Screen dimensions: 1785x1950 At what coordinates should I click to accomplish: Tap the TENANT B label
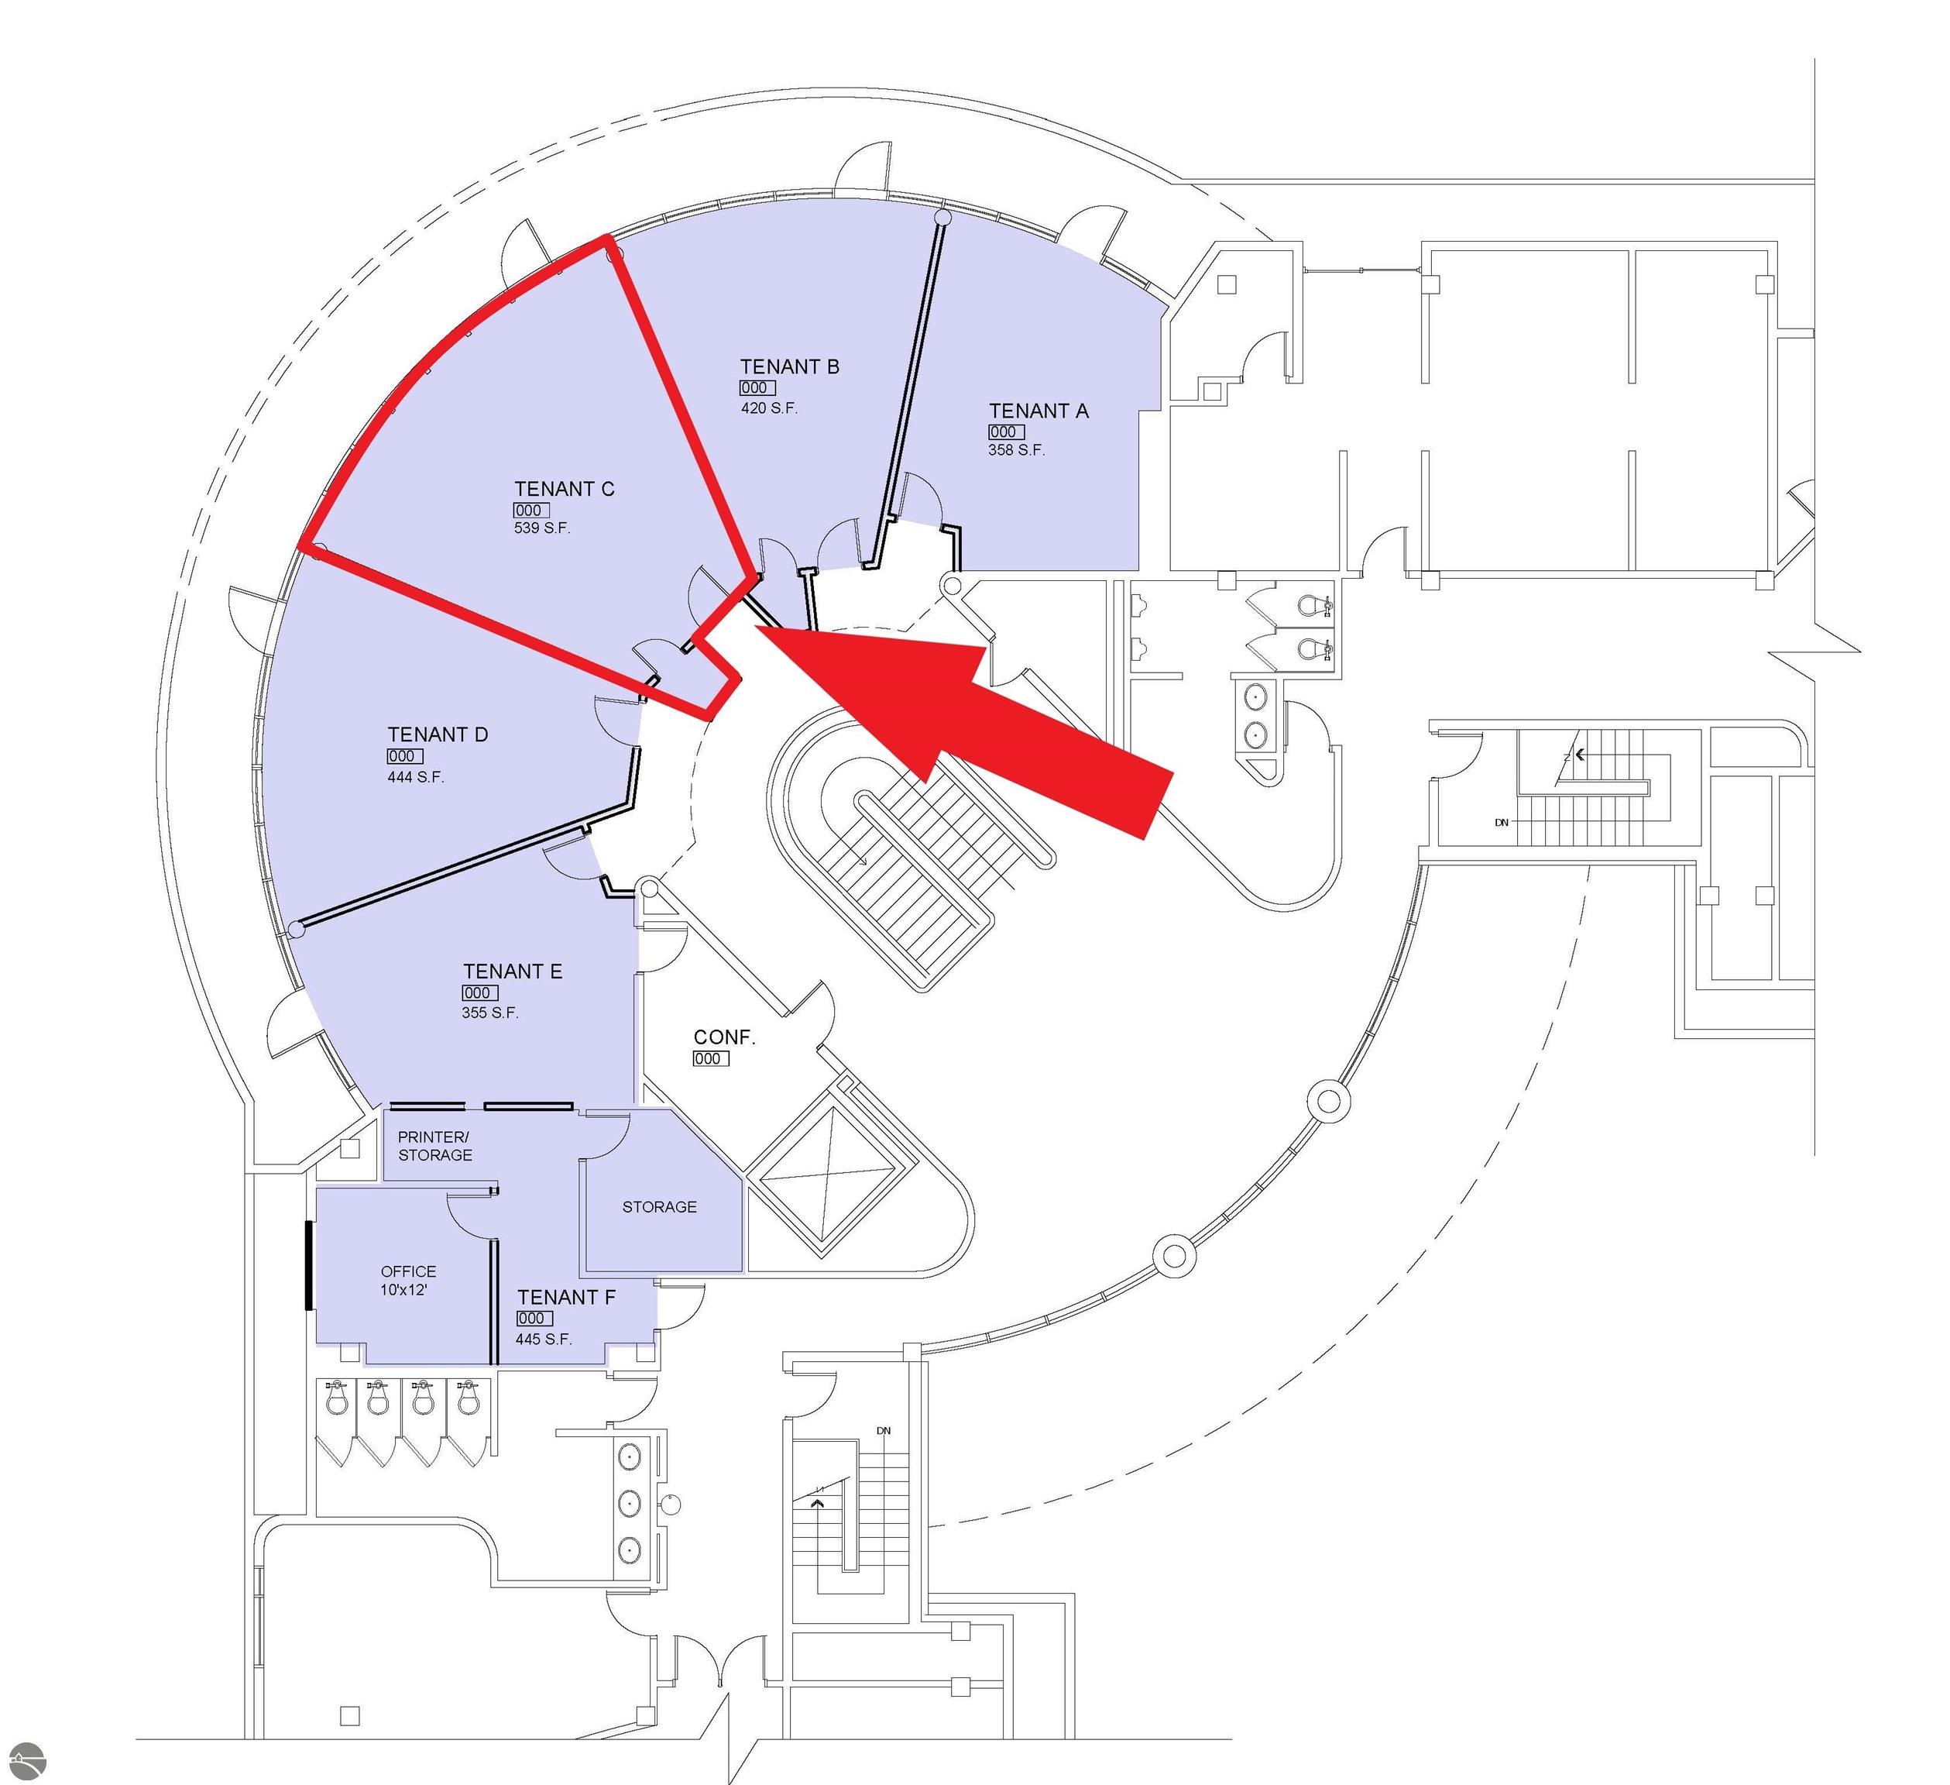[x=789, y=366]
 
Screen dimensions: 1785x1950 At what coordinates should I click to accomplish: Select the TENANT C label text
[x=564, y=490]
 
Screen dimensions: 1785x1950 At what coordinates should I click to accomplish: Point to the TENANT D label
[x=438, y=735]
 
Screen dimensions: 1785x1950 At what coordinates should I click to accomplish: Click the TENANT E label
[x=512, y=972]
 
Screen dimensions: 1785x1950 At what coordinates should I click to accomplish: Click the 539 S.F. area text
[x=541, y=528]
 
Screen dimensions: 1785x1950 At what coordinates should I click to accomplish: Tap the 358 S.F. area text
[x=1015, y=450]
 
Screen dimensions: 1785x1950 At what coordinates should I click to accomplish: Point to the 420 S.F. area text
[x=769, y=408]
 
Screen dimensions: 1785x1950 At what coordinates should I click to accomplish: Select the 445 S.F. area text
[x=544, y=1339]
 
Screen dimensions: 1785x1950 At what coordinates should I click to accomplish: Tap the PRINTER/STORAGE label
[x=434, y=1146]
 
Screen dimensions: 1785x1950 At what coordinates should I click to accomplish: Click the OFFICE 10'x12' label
[x=408, y=1280]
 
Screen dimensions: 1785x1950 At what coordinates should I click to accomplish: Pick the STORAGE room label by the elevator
[x=659, y=1206]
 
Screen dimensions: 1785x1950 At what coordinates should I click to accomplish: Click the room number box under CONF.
[x=710, y=1058]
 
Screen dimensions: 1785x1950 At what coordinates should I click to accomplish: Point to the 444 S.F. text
[x=415, y=777]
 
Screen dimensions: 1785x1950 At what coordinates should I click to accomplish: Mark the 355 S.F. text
[x=489, y=1013]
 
